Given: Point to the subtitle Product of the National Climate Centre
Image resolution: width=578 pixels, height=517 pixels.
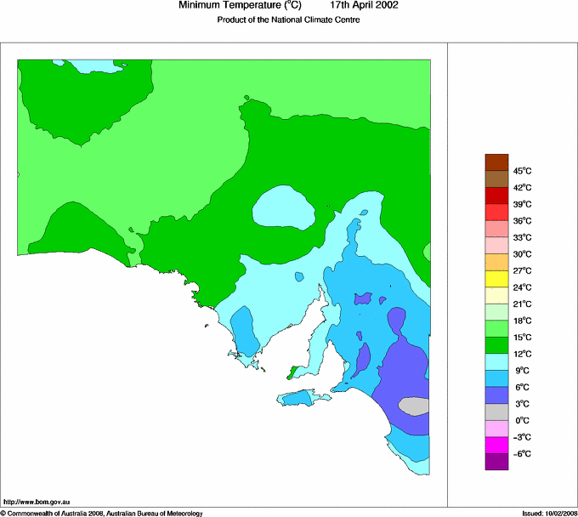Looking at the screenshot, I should coord(289,20).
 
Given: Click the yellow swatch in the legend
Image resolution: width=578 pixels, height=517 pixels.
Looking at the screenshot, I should coord(496,279).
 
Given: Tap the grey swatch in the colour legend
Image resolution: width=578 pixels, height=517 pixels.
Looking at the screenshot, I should coord(496,412).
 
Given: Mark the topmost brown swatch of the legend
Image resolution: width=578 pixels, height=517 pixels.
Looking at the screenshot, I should coord(496,162).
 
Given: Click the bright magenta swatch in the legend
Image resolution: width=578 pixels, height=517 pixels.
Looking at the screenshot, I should coord(496,445).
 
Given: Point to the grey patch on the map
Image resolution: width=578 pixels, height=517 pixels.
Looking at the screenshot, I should coord(414,406).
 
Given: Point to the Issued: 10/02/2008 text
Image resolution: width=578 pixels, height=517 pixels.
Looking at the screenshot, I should coord(549,513).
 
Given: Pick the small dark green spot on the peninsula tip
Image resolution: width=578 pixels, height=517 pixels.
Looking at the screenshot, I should coord(294,371).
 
